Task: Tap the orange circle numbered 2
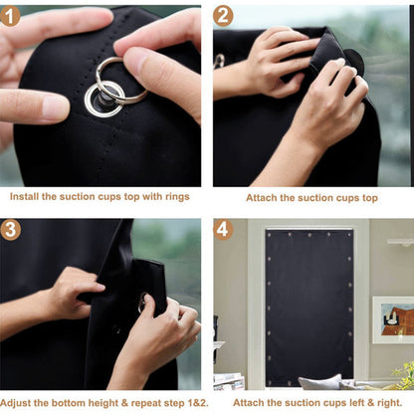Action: tap(224, 15)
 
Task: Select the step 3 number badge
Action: tap(12, 230)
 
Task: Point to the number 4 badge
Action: tap(224, 230)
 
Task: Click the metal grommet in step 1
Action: tap(103, 98)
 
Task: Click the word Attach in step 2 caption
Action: tap(263, 198)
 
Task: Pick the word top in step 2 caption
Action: tap(369, 198)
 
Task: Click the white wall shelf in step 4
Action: tap(401, 242)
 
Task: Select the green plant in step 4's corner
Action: tap(403, 375)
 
